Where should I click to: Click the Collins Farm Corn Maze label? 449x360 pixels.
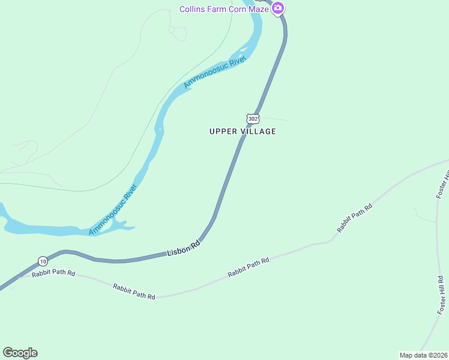point(224,8)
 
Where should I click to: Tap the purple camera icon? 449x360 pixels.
point(278,8)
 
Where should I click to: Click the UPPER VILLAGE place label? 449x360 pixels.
point(243,131)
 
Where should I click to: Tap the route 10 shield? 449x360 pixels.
point(43,261)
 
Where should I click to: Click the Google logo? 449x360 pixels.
point(20,353)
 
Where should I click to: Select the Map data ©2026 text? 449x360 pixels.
point(423,355)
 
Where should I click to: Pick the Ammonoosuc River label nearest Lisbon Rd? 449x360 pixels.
point(113,209)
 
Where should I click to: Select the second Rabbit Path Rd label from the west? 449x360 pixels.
point(134,292)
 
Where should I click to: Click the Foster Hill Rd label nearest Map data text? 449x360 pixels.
point(441,295)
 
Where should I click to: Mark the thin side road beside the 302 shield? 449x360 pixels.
point(274,118)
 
